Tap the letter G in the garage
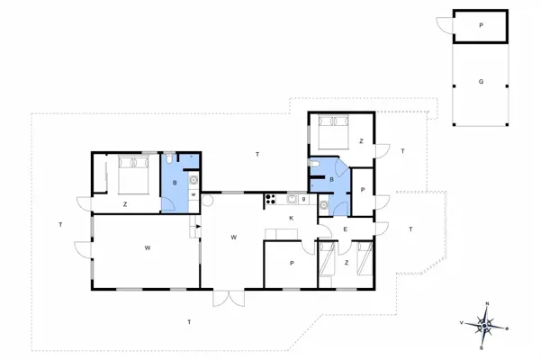click(481, 82)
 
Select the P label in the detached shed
click(481, 25)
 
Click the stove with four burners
click(269, 200)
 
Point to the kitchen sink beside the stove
click(293, 200)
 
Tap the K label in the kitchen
click(292, 219)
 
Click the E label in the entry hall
click(346, 230)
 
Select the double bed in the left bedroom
click(132, 174)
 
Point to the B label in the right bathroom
click(332, 180)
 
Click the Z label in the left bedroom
click(125, 204)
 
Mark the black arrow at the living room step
click(193, 230)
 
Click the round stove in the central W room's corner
click(206, 202)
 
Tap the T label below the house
click(189, 321)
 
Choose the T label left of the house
click(59, 224)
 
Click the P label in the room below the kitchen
click(292, 263)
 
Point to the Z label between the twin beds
click(346, 262)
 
